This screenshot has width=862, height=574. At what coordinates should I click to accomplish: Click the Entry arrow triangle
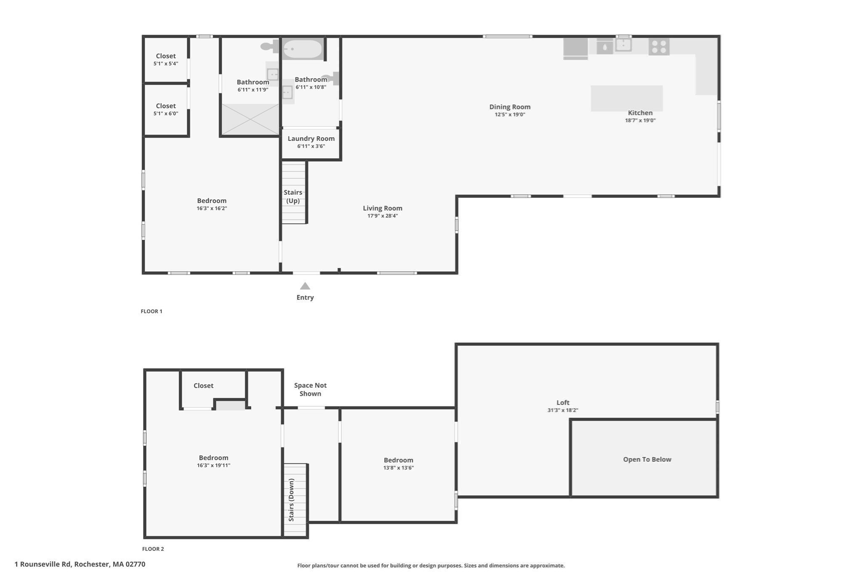305,286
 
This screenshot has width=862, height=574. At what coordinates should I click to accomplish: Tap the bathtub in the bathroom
302,49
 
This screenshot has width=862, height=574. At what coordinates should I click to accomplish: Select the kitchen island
626,98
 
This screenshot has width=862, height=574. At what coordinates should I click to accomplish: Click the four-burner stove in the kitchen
659,47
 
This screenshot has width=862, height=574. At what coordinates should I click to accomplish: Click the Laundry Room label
311,139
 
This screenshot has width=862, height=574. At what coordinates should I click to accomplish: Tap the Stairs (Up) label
293,196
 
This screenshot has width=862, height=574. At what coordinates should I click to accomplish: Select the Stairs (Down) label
291,500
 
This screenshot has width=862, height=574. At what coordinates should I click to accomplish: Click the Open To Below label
647,459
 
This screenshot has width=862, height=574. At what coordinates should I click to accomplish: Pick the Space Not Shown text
310,389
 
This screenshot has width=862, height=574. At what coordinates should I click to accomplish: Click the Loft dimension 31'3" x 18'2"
563,410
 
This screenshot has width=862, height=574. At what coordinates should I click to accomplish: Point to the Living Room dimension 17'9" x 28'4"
382,216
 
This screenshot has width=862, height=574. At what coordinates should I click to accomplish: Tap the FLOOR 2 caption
153,549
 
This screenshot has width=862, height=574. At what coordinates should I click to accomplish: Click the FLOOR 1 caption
151,311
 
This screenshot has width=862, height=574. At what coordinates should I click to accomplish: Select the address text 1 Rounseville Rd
80,564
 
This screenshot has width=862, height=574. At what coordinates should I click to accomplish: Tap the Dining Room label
510,107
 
